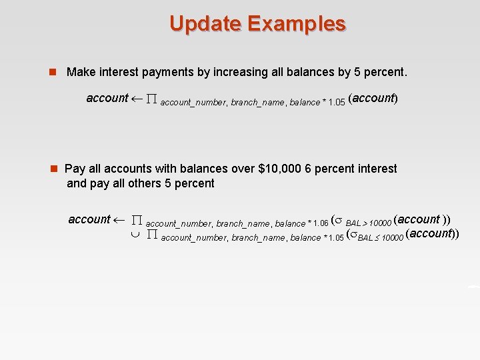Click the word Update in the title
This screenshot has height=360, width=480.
point(205,23)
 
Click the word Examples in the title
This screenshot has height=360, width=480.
point(297,23)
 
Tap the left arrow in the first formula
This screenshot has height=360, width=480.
point(137,99)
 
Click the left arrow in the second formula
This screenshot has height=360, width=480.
point(120,219)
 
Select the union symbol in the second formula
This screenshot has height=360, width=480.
point(135,235)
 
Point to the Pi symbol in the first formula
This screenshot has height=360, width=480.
point(151,99)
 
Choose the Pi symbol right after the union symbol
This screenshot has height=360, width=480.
point(151,235)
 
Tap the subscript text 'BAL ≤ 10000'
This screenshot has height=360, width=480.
point(380,238)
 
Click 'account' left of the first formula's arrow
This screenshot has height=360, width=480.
point(107,98)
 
